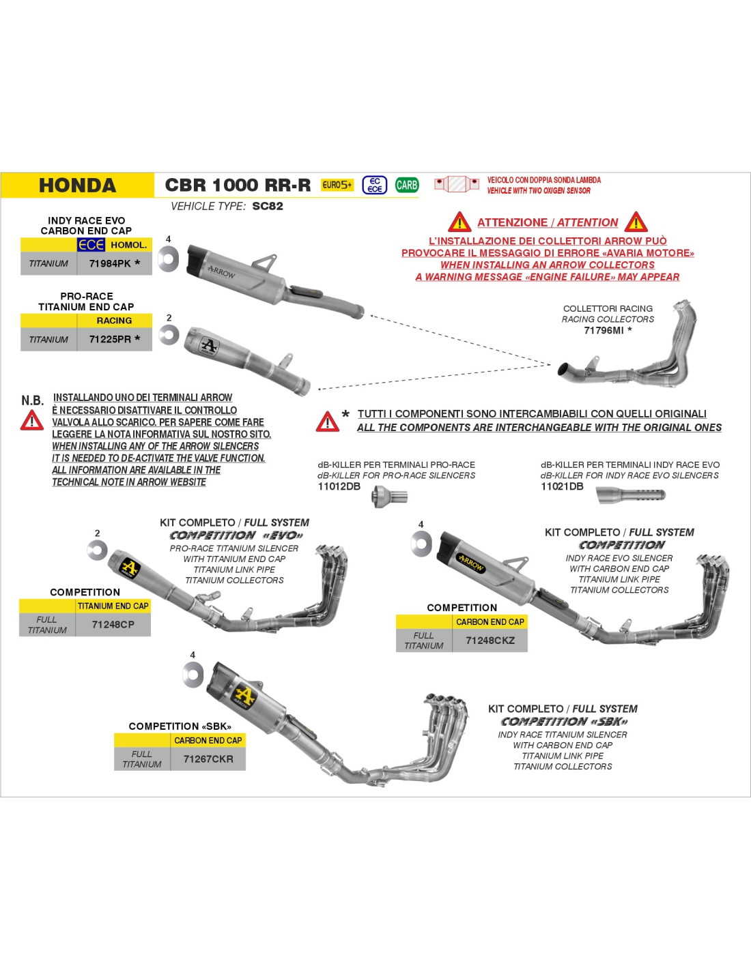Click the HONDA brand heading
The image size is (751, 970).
77,186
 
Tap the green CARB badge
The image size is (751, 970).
406,185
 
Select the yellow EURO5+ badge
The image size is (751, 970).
337,185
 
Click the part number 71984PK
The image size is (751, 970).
110,263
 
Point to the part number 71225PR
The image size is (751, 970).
110,339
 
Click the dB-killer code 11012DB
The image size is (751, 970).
339,486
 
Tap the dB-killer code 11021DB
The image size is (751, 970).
562,486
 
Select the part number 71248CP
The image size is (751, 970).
113,624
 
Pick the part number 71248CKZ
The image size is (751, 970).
490,641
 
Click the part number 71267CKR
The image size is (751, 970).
208,759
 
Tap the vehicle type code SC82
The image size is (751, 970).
268,206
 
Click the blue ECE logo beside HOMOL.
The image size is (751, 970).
91,245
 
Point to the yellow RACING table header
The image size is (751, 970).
114,321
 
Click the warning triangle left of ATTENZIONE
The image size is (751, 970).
459,222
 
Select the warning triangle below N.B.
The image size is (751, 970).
31,420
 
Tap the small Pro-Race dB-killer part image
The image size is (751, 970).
389,497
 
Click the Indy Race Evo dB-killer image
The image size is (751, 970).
631,495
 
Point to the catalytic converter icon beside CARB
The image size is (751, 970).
457,183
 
